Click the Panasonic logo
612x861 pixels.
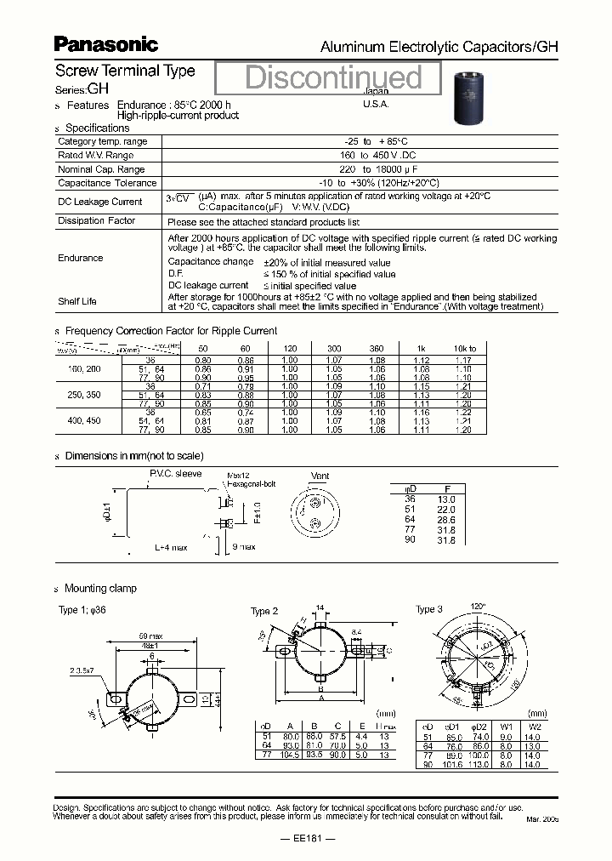click(x=105, y=44)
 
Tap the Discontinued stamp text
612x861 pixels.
click(x=333, y=77)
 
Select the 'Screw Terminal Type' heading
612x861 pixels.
click(x=125, y=71)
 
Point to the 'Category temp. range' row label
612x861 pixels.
click(x=102, y=141)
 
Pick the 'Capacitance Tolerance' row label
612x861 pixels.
click(x=107, y=183)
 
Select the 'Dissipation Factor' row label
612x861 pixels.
click(x=96, y=221)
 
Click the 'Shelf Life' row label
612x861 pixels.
click(x=77, y=301)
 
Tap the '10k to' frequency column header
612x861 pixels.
click(x=464, y=349)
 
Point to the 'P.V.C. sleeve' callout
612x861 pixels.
click(x=175, y=473)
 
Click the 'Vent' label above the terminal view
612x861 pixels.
click(x=320, y=476)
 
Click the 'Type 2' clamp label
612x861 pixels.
click(x=264, y=611)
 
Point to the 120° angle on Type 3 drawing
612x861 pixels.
click(x=479, y=606)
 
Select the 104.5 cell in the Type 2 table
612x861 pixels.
click(x=291, y=755)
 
